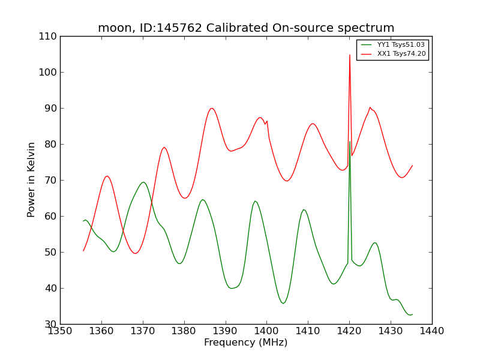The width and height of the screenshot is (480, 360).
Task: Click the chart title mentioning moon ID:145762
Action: click(246, 28)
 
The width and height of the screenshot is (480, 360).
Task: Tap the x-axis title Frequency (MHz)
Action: click(246, 343)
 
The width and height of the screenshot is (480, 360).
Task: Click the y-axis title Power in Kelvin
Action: click(32, 179)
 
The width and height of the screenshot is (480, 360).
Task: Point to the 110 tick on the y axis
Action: click(50, 36)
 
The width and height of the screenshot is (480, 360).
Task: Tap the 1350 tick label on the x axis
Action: click(60, 331)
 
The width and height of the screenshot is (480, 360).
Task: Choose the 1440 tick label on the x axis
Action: click(432, 331)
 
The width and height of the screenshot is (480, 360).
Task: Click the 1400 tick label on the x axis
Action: click(266, 331)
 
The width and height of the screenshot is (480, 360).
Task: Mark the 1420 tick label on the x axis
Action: click(349, 331)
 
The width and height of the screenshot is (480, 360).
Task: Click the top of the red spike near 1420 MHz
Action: click(350, 55)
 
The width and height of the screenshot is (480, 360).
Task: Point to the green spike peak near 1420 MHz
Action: click(350, 142)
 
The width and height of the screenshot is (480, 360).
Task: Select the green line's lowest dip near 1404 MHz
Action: click(283, 303)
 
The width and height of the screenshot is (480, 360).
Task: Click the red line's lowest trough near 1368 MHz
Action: click(135, 253)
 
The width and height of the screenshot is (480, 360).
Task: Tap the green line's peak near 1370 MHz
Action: click(143, 182)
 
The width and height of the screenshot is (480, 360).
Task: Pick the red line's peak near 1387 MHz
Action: click(212, 108)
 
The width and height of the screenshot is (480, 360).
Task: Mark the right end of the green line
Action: click(412, 314)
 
